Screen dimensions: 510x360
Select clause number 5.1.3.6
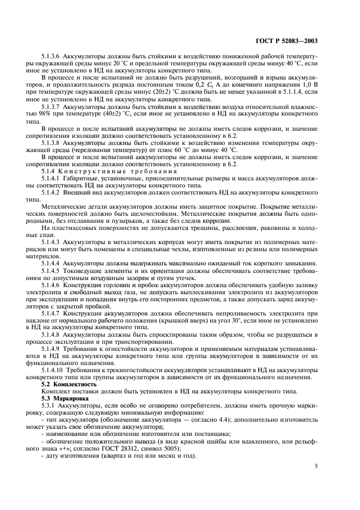[x=53, y=56]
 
